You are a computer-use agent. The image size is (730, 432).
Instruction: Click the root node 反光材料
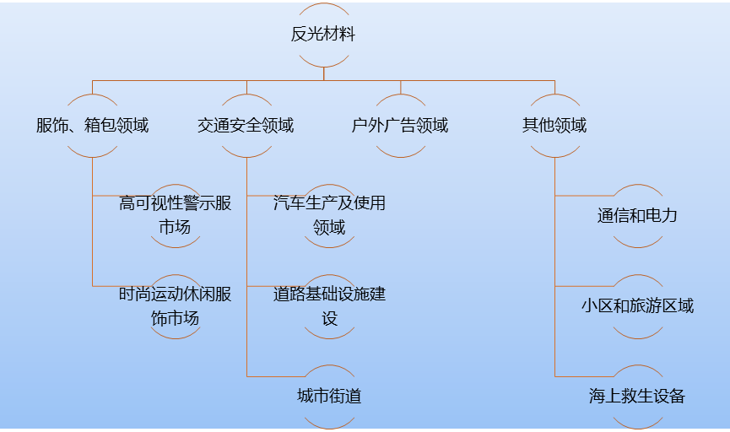click(323, 35)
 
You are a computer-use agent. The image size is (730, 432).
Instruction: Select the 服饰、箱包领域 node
click(92, 126)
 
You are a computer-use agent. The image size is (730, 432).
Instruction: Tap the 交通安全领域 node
click(246, 126)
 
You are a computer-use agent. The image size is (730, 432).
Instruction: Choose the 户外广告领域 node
click(400, 126)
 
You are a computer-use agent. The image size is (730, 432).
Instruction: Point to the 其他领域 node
click(554, 126)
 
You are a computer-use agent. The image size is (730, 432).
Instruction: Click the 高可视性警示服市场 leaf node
click(176, 215)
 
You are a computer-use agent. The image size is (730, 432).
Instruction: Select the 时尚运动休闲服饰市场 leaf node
click(176, 306)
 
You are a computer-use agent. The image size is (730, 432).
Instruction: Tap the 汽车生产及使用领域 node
click(329, 215)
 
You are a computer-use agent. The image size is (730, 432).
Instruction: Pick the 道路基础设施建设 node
click(329, 306)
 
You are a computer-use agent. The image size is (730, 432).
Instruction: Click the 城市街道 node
click(329, 396)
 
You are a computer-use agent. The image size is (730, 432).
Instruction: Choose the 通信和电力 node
click(637, 215)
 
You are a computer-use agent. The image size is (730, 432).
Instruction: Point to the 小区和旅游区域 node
click(637, 305)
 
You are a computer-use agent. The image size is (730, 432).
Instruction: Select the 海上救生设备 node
click(637, 396)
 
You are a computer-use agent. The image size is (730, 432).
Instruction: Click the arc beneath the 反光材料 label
click(323, 66)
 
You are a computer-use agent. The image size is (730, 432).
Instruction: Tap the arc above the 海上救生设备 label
click(637, 368)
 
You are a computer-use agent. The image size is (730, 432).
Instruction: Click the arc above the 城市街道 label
click(329, 368)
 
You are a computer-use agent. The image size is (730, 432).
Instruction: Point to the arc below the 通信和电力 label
click(637, 246)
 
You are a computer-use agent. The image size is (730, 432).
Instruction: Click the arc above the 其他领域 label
click(554, 96)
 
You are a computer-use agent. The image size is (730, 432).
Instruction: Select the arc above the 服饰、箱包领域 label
click(92, 96)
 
